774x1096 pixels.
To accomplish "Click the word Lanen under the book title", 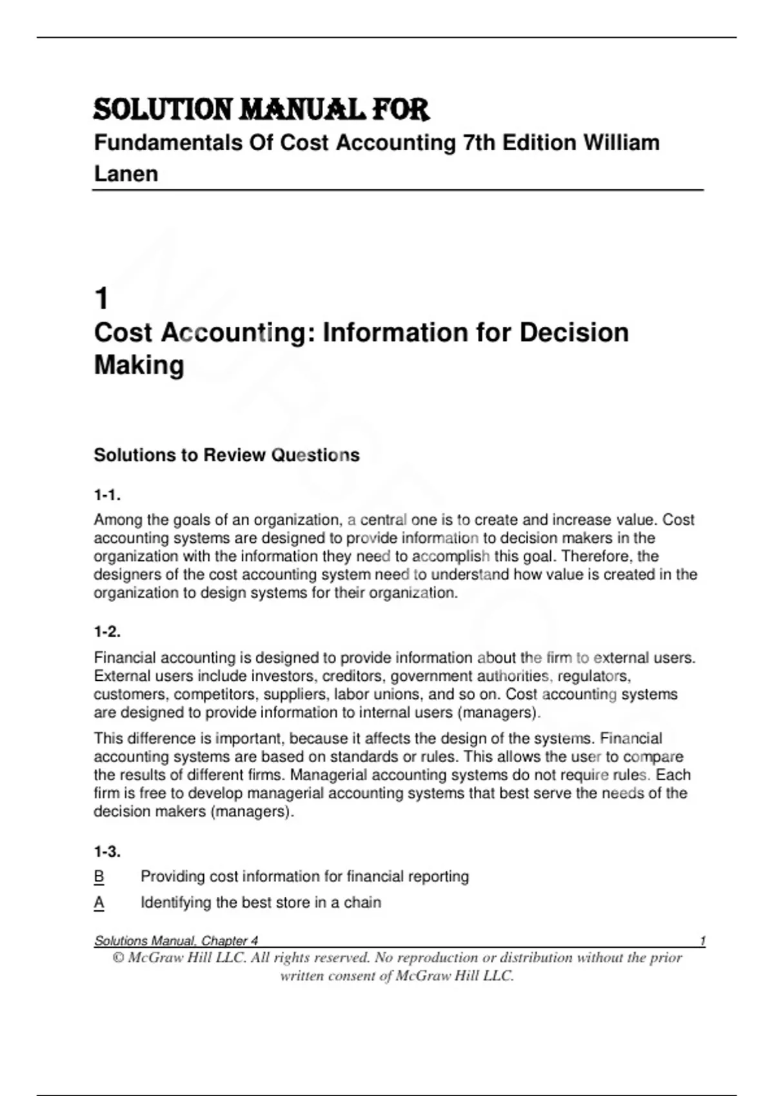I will tap(126, 174).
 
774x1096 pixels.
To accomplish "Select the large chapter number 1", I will tap(101, 298).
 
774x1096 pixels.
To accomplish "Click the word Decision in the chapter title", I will tap(573, 333).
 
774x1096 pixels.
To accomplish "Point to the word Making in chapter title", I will tap(139, 365).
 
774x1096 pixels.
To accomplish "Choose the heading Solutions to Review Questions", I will tap(226, 455).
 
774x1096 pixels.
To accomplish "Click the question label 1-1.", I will tap(107, 495).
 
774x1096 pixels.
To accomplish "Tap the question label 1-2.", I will tap(107, 632).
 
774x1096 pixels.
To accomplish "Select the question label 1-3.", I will tap(107, 852).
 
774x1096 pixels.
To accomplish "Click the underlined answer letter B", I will tap(99, 877).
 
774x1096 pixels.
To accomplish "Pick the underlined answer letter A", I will tap(99, 903).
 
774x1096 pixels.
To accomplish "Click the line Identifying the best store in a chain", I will tap(261, 903).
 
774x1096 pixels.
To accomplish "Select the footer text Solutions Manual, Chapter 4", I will tap(176, 941).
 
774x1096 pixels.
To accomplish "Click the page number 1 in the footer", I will tap(702, 941).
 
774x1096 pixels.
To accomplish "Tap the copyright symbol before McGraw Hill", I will tap(118, 958).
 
